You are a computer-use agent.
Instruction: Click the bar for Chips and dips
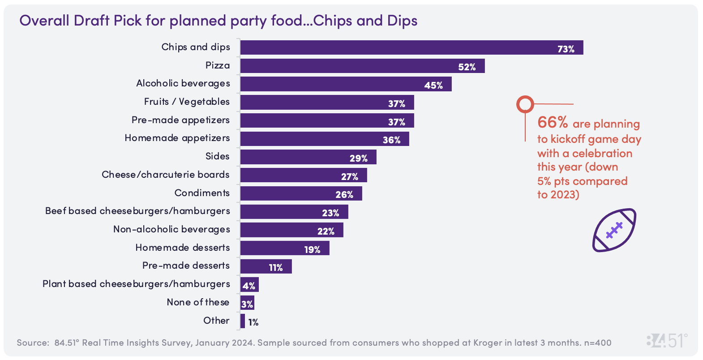[x=412, y=47]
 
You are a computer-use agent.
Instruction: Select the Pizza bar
[x=362, y=66]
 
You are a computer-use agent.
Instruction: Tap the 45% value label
[x=433, y=85]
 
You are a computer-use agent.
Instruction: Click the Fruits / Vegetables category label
[x=187, y=102]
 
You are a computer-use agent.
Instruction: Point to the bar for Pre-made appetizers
[x=327, y=120]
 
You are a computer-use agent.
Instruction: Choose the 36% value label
[x=391, y=140]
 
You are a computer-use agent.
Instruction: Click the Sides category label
[x=217, y=156]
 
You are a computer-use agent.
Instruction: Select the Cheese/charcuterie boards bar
[x=304, y=175]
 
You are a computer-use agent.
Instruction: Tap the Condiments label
[x=202, y=193]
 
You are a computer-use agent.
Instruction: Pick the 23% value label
[x=330, y=213]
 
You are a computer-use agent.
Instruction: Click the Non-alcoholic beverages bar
[x=291, y=230]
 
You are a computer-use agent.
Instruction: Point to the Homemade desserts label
[x=182, y=248]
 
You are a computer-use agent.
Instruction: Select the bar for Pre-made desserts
[x=266, y=266]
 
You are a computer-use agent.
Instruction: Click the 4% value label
[x=249, y=286]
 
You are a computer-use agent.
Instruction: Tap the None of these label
[x=198, y=302]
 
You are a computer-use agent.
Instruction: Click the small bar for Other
[x=243, y=321]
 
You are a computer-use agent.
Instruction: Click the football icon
[x=614, y=230]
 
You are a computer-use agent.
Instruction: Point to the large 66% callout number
[x=553, y=122]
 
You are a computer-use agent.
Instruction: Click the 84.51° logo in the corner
[x=667, y=341]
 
